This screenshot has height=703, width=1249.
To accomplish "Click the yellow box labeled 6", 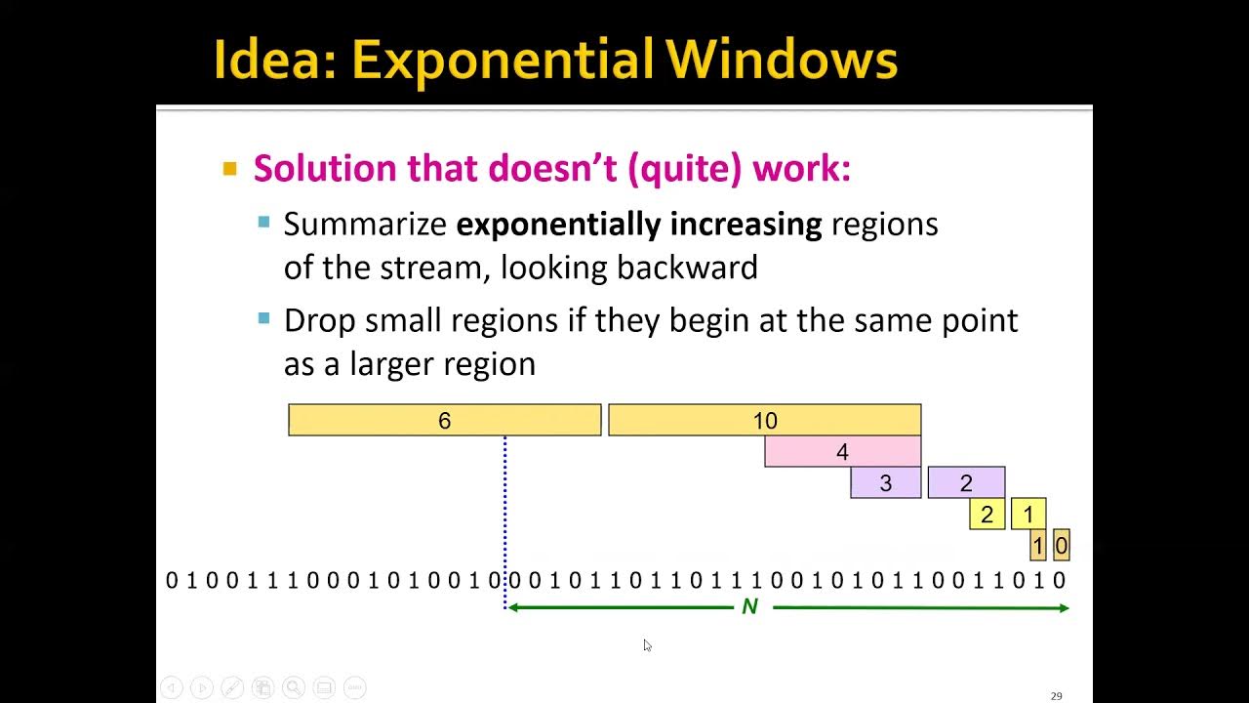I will click(x=444, y=420).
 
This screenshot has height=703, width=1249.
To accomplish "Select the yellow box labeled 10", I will click(x=764, y=420).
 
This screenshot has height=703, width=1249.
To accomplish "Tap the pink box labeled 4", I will click(x=842, y=451).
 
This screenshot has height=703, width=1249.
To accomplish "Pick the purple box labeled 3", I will click(x=885, y=482).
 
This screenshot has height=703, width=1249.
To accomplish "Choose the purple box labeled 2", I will click(x=966, y=482).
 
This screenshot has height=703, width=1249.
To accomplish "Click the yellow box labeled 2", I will click(x=987, y=514).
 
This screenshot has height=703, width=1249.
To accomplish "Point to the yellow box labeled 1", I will click(x=1028, y=514).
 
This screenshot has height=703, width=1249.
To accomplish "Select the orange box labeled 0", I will click(x=1062, y=545).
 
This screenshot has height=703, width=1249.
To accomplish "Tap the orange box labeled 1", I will click(x=1038, y=545).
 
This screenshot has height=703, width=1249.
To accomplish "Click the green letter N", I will click(x=749, y=607).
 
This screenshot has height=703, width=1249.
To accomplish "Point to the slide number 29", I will click(x=1056, y=696).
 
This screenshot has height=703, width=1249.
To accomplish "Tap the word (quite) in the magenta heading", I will click(x=685, y=168).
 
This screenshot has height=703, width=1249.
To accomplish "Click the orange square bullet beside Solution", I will click(x=230, y=169).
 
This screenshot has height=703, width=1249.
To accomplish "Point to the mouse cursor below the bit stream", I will click(x=647, y=645).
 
